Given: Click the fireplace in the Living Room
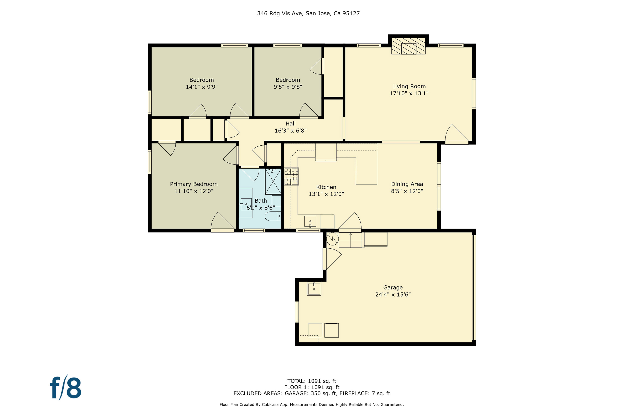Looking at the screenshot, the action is (x=408, y=46).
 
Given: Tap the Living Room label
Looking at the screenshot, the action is (x=409, y=86).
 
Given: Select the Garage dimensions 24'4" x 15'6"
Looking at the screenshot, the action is (x=393, y=294).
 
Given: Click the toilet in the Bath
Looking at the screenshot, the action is (x=273, y=216).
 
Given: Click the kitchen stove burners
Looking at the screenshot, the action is (x=291, y=176).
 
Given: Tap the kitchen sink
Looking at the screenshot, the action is (x=310, y=221).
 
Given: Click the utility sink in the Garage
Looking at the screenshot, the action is (x=314, y=289).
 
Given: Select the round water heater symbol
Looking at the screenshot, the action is (x=332, y=239).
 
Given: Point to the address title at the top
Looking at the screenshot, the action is (x=308, y=13).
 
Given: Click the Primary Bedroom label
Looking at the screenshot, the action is (x=194, y=184).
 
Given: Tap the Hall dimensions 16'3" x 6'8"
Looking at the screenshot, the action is (x=291, y=131).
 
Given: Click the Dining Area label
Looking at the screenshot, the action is (x=407, y=184).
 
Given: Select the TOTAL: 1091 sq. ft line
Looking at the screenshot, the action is (x=312, y=381).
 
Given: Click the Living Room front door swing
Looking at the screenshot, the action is (x=456, y=134).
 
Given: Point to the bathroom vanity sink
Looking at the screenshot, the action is (x=246, y=204).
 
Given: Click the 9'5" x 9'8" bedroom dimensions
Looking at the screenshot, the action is (x=288, y=87).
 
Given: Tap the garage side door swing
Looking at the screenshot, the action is (x=332, y=259).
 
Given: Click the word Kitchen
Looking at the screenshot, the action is (x=326, y=187).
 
